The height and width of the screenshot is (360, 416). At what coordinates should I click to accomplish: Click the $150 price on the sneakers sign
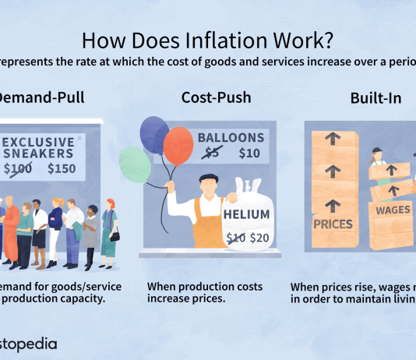tap(62, 168)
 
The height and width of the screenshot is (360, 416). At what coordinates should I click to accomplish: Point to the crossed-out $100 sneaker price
tap(17, 168)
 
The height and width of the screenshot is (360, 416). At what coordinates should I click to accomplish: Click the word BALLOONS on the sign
tap(231, 138)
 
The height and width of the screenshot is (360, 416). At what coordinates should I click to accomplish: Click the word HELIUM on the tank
tap(245, 214)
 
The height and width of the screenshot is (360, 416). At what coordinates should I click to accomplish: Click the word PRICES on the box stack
tap(333, 224)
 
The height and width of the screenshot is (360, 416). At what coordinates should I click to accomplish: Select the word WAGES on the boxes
tap(393, 210)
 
